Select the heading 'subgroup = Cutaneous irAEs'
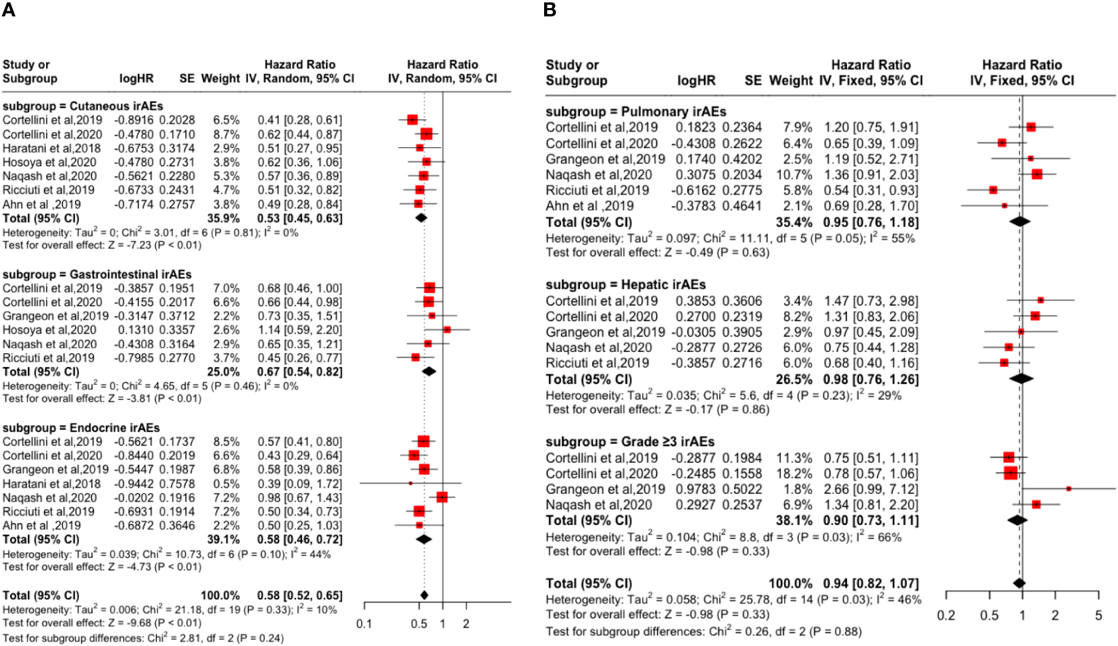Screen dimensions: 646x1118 82,106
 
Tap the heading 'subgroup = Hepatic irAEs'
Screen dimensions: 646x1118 625,284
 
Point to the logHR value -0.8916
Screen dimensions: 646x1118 136,120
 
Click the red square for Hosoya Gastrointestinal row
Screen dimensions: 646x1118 447,330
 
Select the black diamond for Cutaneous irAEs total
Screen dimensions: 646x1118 421,218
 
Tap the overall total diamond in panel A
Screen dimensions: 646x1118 424,595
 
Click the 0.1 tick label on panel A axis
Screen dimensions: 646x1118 364,624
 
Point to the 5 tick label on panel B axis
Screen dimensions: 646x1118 1098,616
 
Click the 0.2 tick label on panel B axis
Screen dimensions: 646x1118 946,616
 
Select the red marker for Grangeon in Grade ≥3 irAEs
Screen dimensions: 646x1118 1069,489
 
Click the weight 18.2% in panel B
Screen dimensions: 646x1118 796,474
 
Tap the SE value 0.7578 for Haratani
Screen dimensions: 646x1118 177,484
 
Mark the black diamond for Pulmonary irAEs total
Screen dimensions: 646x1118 1019,221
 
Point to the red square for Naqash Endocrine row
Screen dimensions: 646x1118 442,497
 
